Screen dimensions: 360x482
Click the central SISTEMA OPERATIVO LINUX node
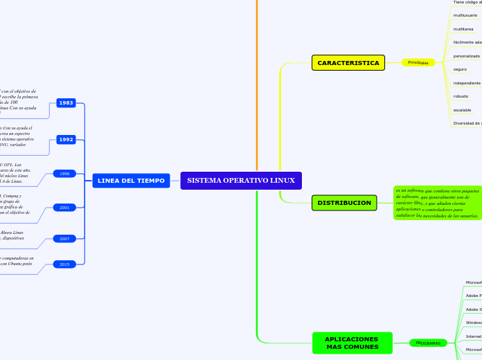[x=241, y=181]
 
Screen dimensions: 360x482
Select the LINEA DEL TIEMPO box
[x=131, y=181]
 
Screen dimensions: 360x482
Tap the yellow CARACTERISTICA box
[x=348, y=63]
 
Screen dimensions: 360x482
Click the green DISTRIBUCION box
[x=344, y=203]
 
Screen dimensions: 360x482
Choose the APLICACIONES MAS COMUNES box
[x=351, y=343]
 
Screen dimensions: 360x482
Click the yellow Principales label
[x=418, y=62]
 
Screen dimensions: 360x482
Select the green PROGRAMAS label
[x=428, y=343]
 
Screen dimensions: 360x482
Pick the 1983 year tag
[x=66, y=102]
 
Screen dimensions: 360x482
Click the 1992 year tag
[x=66, y=139]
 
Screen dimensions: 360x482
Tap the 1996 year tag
[x=64, y=174]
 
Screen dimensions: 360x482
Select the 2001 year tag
[x=64, y=207]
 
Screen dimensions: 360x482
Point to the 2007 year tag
[x=64, y=238]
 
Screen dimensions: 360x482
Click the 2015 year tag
[x=64, y=264]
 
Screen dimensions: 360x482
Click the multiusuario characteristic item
[x=465, y=15]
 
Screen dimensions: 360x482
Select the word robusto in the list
[x=461, y=96]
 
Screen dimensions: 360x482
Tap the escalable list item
[x=462, y=110]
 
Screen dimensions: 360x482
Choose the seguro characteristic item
[x=460, y=69]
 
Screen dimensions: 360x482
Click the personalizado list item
[x=466, y=55]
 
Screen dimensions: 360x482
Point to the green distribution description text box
[x=436, y=203]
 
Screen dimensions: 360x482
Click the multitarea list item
[x=463, y=29]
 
